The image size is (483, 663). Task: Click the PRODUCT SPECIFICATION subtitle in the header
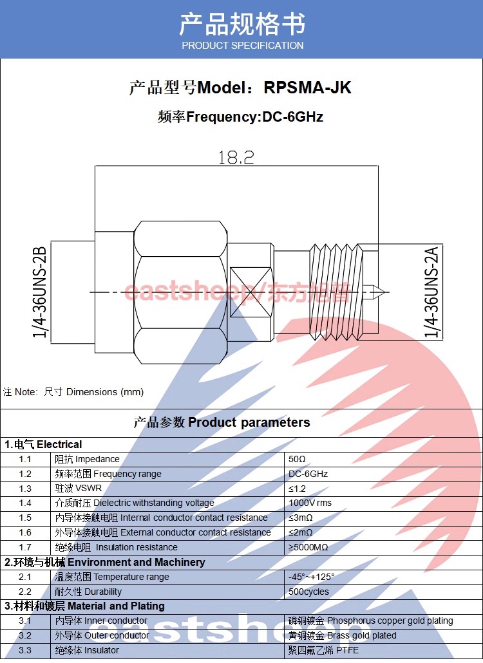[x=242, y=46]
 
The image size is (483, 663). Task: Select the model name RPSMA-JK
[x=308, y=88]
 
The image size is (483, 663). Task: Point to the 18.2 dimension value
[x=236, y=157]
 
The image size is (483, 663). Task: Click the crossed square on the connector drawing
[x=251, y=293]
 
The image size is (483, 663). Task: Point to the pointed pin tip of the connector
[x=381, y=294]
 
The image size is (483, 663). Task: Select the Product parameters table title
[x=222, y=423]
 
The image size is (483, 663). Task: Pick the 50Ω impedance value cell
[x=298, y=460]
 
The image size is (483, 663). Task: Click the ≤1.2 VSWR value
[x=298, y=489]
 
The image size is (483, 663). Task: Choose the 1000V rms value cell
[x=310, y=503]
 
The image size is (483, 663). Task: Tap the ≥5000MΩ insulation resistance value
[x=308, y=548]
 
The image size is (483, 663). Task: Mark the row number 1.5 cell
[x=25, y=518]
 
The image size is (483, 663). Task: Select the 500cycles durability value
[x=308, y=592]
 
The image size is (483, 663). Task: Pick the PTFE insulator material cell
[x=323, y=651]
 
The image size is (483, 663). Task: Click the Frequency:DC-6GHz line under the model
[x=240, y=117]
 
